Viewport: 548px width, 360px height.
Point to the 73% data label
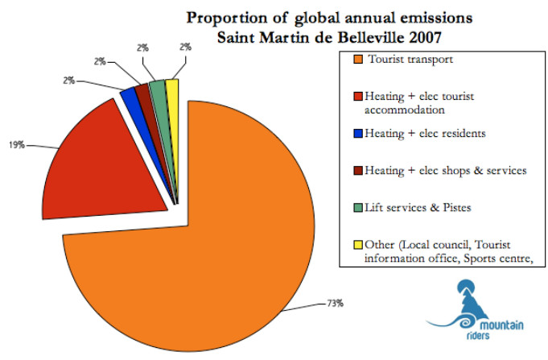click(x=336, y=304)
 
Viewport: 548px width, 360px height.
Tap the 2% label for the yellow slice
click(x=185, y=48)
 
